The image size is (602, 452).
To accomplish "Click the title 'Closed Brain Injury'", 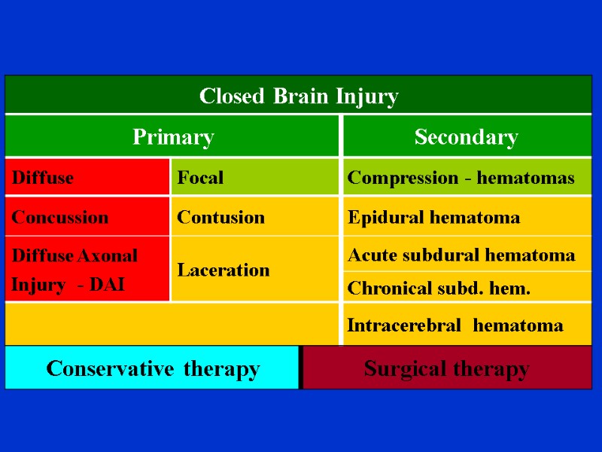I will pyautogui.click(x=299, y=96).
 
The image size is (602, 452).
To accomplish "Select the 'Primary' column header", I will pyautogui.click(x=173, y=137).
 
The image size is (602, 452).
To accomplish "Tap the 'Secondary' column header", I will pyautogui.click(x=467, y=137).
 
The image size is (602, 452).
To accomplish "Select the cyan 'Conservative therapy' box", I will pyautogui.click(x=153, y=369).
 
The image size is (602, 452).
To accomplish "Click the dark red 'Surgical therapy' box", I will pyautogui.click(x=446, y=369).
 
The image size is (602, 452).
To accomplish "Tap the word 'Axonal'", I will pyautogui.click(x=107, y=255).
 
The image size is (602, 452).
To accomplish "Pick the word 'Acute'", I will pyautogui.click(x=370, y=255).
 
